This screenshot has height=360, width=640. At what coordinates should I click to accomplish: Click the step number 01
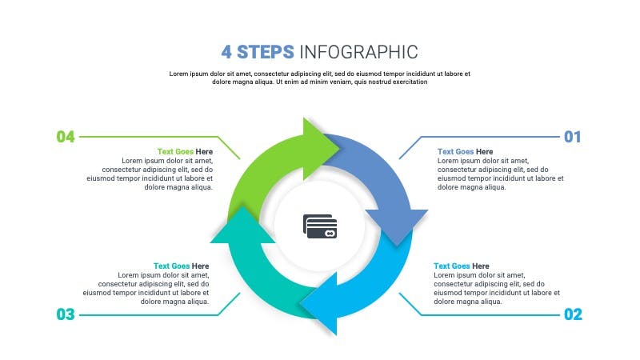[x=572, y=137]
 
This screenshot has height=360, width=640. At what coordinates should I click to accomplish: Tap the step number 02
[x=573, y=314]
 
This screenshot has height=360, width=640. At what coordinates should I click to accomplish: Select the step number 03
[x=66, y=314]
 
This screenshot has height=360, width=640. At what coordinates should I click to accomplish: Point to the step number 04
[x=66, y=137]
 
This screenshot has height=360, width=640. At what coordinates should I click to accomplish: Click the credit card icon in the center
[x=320, y=226]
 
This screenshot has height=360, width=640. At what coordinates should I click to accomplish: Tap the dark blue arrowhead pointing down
[x=396, y=226]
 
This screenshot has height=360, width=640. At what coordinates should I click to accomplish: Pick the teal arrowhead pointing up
[x=243, y=226]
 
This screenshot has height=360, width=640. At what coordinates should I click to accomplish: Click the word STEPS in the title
[x=266, y=52]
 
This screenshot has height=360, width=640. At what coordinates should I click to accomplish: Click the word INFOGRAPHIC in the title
[x=358, y=52]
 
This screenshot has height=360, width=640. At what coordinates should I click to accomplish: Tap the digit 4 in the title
[x=226, y=52]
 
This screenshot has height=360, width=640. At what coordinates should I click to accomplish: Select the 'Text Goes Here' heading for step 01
[x=465, y=151]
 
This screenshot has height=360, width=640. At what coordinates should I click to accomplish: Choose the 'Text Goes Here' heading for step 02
[x=462, y=266]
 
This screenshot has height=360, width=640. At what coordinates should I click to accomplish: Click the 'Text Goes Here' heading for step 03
[x=182, y=266]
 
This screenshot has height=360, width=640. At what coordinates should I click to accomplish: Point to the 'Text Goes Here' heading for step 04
[x=185, y=151]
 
